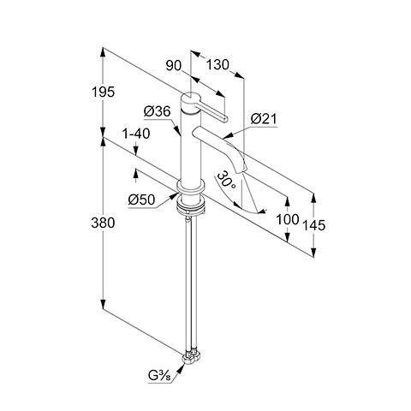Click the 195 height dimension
(103, 92)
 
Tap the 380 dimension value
(103, 223)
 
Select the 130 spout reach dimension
(217, 65)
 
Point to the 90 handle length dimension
(174, 66)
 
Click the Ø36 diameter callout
(158, 111)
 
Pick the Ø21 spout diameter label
(264, 119)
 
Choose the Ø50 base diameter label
(141, 200)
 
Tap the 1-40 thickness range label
(136, 134)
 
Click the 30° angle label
(226, 181)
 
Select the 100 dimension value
(288, 219)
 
